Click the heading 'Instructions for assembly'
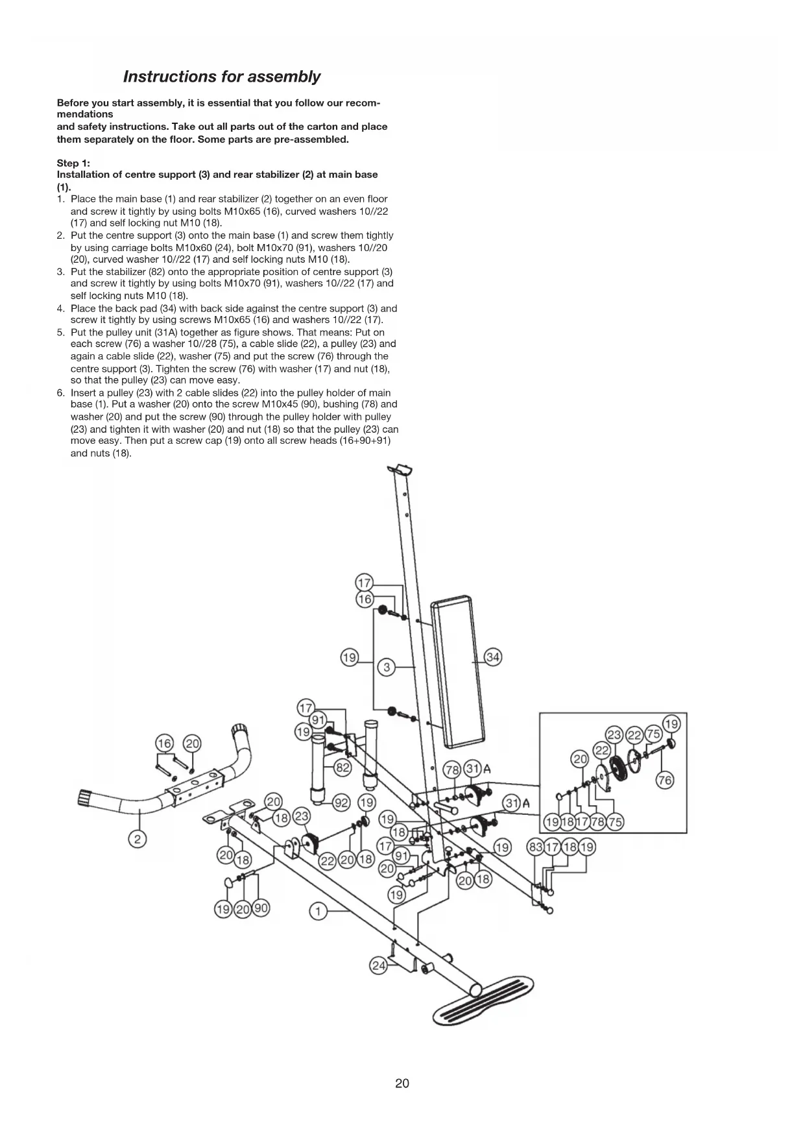coord(221,77)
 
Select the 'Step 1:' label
coord(73,163)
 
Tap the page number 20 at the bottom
coord(402,1083)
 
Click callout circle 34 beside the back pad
coord(493,657)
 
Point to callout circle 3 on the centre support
coord(386,667)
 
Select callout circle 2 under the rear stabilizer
coord(137,839)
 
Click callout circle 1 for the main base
coord(317,912)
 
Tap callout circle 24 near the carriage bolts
coord(378,966)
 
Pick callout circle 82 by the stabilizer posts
coord(342,768)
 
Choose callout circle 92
coord(341,803)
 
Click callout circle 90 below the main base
coord(261,908)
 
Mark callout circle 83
coord(536,847)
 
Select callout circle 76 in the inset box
coord(665,780)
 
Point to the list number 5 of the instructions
coord(60,332)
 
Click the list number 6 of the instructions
coord(60,393)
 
